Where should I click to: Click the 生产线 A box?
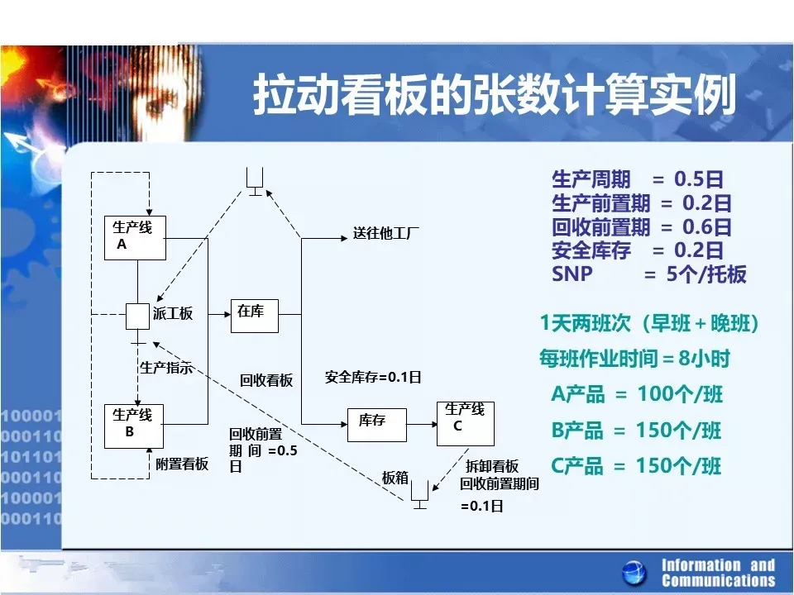135,238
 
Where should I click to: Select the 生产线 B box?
134,426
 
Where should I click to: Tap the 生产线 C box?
466,423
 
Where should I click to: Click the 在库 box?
255,316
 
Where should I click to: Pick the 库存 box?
377,425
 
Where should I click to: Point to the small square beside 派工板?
138,317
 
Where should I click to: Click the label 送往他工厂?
386,233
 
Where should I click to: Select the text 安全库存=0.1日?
373,377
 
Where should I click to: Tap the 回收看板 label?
266,380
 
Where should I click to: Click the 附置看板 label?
182,464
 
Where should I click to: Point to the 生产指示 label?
166,368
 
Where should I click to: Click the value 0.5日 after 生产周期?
698,179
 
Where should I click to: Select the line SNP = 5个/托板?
649,274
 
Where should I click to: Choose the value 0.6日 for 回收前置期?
707,226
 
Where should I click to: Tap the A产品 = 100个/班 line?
637,394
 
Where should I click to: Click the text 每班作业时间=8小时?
634,359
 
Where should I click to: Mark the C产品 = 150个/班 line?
636,466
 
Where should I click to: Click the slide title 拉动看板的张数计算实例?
495,94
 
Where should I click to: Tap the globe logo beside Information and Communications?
634,574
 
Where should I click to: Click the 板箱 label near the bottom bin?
395,477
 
